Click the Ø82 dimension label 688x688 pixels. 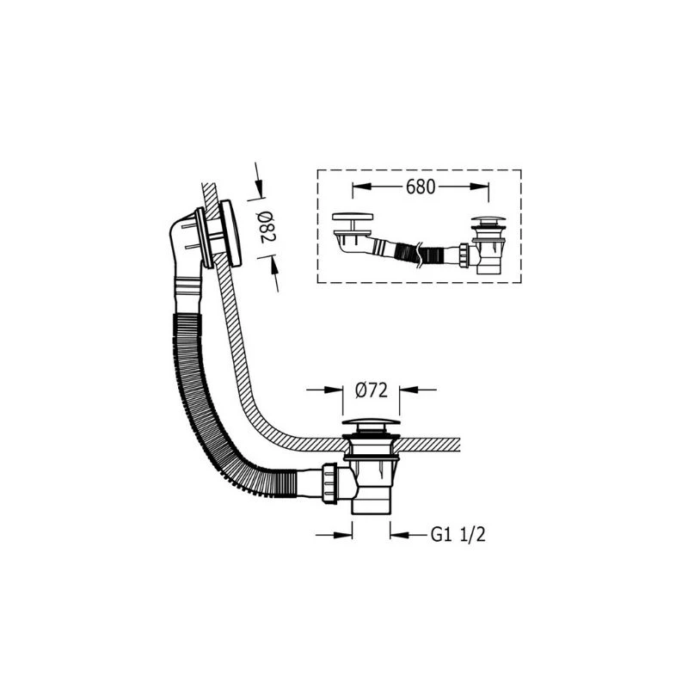click(267, 227)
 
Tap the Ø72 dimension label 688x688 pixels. click(372, 390)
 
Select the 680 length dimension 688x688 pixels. click(421, 187)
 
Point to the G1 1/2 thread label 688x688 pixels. click(458, 535)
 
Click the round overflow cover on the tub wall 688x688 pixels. click(230, 233)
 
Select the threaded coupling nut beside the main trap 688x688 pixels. click(329, 482)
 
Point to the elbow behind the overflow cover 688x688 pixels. click(183, 246)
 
